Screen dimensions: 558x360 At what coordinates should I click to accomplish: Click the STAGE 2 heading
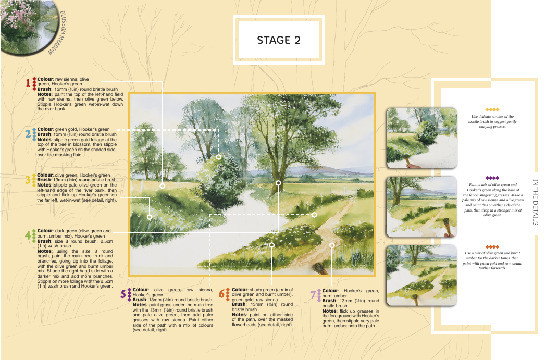279,40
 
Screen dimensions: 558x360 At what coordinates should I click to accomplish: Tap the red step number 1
28,83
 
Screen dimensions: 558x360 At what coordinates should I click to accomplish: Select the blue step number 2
28,134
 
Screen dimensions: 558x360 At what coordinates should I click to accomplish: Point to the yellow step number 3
28,180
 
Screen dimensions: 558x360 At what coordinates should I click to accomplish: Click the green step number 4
28,235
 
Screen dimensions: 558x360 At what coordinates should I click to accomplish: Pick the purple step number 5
123,294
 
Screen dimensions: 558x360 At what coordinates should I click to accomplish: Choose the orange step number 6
222,294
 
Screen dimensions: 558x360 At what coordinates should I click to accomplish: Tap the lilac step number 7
313,295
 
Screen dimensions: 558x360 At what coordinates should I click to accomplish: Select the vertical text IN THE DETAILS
535,202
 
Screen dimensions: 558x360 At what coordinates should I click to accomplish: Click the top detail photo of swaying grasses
421,138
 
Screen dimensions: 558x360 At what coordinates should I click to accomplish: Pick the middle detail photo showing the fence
421,206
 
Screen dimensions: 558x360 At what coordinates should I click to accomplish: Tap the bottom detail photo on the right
421,275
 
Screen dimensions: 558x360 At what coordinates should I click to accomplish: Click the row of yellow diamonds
492,109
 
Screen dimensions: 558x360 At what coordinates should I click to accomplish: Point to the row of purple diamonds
492,178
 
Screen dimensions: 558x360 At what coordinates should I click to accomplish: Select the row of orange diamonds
492,247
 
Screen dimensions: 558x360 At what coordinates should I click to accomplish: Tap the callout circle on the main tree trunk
278,183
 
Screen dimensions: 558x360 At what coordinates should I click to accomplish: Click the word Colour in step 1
45,79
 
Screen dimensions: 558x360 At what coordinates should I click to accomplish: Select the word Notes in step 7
329,311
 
